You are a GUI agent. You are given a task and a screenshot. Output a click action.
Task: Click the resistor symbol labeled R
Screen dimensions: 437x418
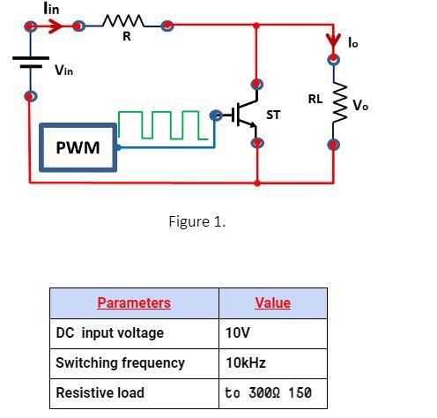[x=123, y=21]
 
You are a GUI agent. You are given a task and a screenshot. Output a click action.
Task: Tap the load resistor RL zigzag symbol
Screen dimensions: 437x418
[x=340, y=102]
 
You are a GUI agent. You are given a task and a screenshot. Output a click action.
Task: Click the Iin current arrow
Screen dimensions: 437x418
[x=55, y=26]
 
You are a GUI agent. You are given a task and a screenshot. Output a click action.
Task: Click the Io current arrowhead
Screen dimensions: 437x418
[x=333, y=41]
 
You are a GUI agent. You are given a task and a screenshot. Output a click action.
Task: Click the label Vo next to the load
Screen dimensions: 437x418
[x=360, y=105]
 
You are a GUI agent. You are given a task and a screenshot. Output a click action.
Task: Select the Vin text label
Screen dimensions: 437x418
[x=63, y=71]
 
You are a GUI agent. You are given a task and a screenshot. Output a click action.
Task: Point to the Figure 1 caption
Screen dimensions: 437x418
[x=197, y=221]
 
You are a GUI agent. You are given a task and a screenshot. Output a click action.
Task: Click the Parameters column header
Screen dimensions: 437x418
[x=134, y=302]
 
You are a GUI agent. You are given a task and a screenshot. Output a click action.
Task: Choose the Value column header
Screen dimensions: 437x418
[x=273, y=302]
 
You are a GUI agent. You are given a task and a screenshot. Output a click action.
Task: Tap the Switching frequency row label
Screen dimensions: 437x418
[x=121, y=363]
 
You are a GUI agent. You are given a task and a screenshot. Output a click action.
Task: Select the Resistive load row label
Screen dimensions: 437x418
[x=100, y=392]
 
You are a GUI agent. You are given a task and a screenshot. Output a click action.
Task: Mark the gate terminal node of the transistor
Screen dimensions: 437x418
[x=216, y=116]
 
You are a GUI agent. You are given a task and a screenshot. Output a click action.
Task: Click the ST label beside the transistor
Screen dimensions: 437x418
[x=273, y=115]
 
